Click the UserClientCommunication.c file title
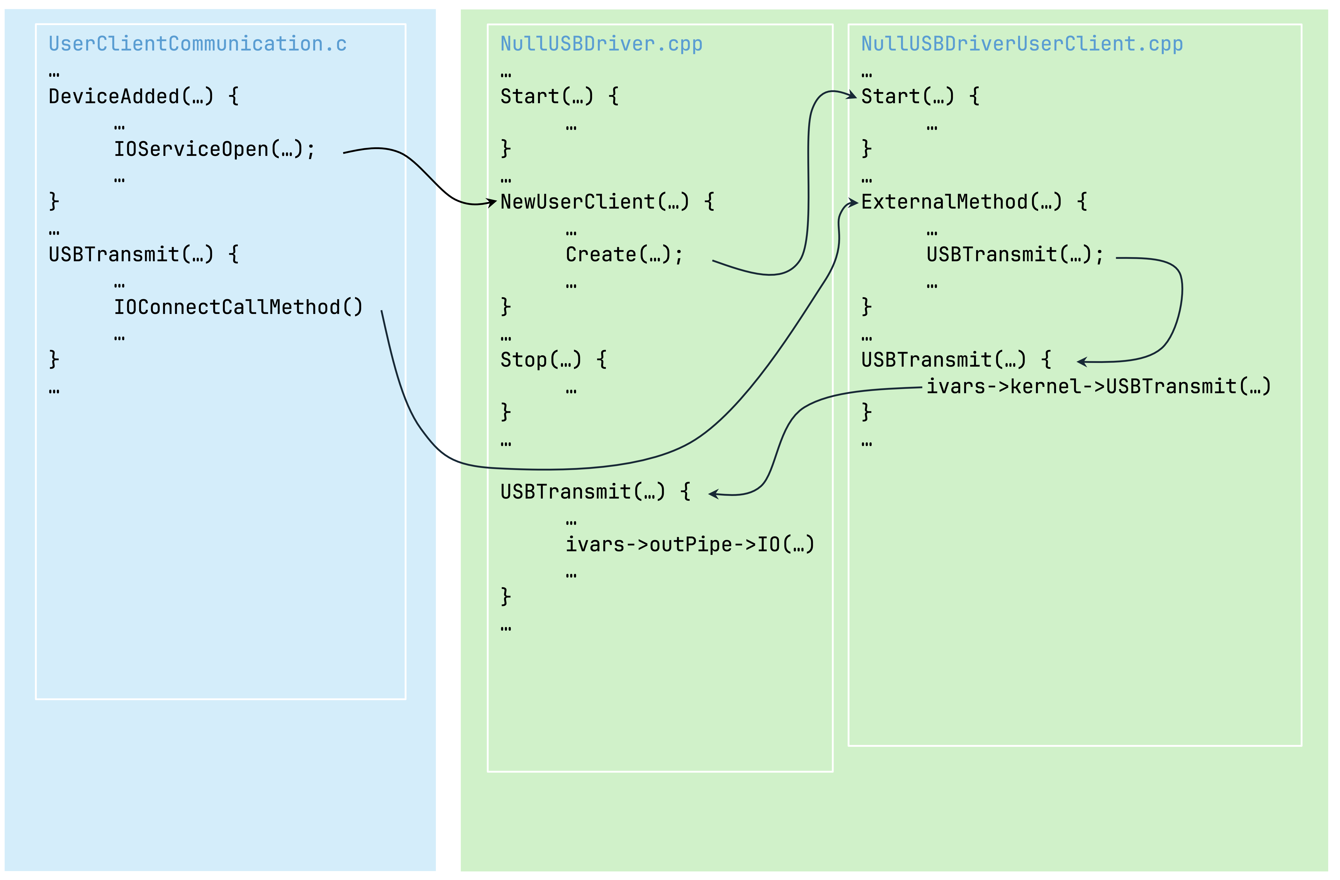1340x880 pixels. [x=198, y=44]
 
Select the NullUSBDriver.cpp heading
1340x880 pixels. [x=601, y=44]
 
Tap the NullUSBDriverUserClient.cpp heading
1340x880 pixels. [x=1022, y=44]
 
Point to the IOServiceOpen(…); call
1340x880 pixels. [x=215, y=149]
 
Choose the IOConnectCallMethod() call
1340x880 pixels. [x=238, y=307]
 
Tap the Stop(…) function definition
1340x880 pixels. [x=540, y=359]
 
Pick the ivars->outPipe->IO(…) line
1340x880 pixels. [x=690, y=544]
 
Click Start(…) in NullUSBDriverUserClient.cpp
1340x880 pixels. [x=908, y=96]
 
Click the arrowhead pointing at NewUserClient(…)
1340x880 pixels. [x=492, y=202]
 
